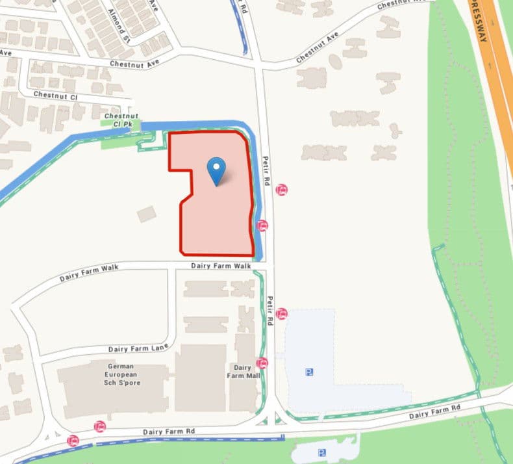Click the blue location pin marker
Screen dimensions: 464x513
click(216, 170)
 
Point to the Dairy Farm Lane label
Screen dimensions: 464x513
click(138, 348)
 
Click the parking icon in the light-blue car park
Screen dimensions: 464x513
click(310, 372)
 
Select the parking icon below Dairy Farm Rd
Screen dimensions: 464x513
click(321, 452)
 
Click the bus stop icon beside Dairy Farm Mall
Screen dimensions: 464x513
click(262, 363)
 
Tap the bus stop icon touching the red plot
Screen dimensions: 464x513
click(262, 226)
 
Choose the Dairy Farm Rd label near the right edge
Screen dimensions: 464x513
click(434, 411)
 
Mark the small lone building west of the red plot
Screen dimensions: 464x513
click(147, 214)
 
